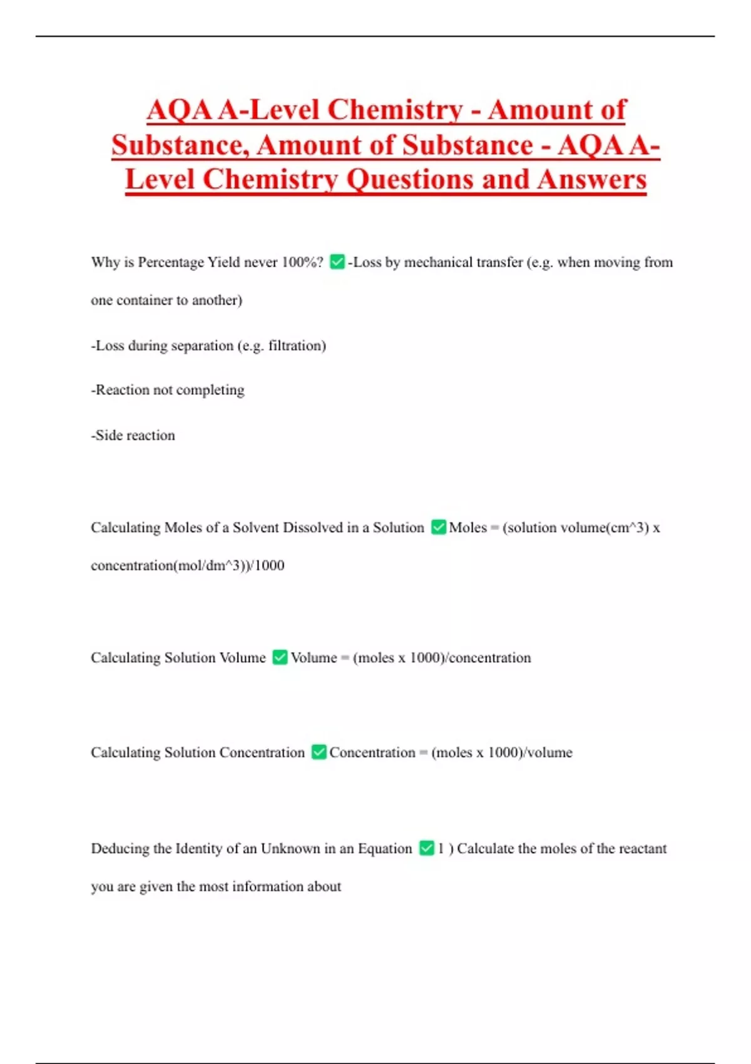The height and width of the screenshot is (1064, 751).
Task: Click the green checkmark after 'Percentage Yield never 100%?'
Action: click(x=337, y=262)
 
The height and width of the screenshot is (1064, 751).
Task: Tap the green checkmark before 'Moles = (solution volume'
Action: click(x=439, y=527)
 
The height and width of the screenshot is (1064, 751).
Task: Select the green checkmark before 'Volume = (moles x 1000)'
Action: click(x=280, y=657)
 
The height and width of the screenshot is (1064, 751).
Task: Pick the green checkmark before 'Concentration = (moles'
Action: click(x=319, y=752)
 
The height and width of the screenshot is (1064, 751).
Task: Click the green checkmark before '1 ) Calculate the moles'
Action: click(x=426, y=848)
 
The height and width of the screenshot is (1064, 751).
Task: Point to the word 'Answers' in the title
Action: click(x=591, y=180)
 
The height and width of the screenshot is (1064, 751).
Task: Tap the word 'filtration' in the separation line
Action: click(x=294, y=345)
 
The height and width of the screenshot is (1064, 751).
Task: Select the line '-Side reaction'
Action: click(x=133, y=435)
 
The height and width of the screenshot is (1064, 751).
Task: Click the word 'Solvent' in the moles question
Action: click(x=256, y=528)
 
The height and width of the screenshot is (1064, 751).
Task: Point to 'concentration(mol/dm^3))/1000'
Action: click(x=188, y=565)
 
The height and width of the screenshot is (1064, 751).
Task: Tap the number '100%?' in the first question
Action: click(x=302, y=262)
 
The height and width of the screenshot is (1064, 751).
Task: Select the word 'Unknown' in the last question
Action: click(x=290, y=849)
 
